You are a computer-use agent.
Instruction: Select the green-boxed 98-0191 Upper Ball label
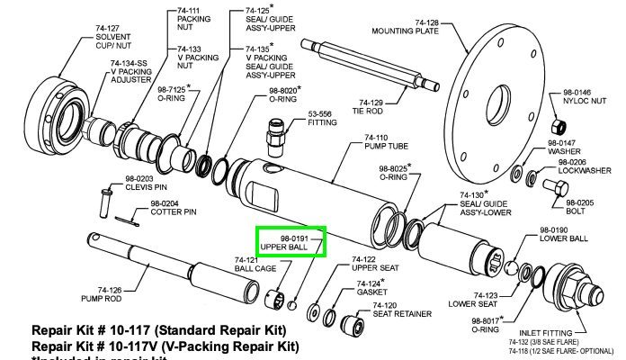(289, 241)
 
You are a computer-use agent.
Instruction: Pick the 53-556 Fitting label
(320, 120)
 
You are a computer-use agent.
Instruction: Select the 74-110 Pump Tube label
(381, 143)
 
